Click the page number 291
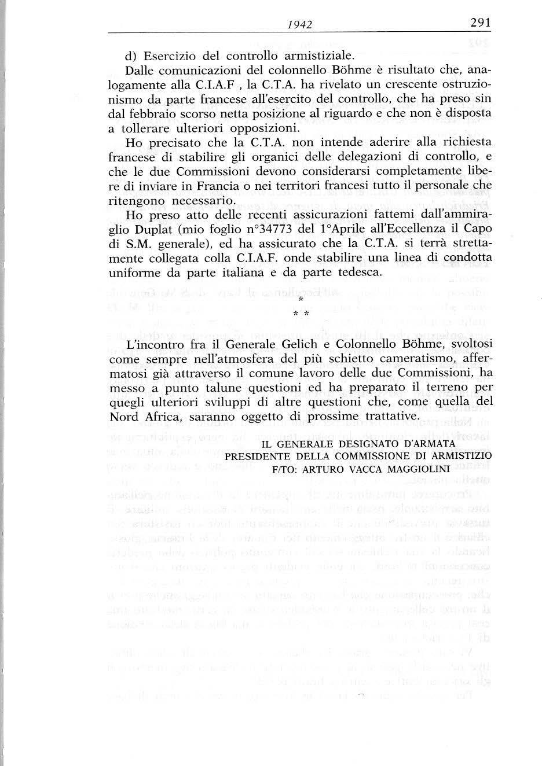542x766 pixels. (480, 23)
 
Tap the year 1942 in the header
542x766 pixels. (300, 24)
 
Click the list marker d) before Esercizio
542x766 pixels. (131, 57)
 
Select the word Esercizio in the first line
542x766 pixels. (169, 57)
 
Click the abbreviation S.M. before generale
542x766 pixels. (135, 244)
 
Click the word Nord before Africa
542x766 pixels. (123, 415)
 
